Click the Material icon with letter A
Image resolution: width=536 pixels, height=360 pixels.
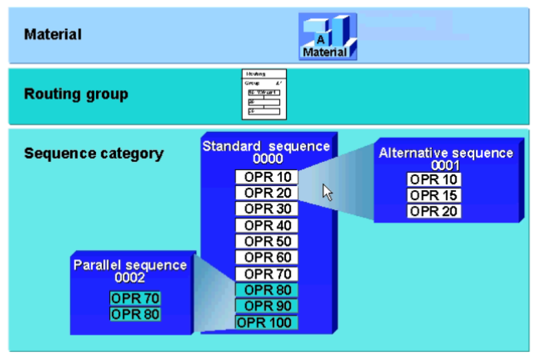[x=327, y=37]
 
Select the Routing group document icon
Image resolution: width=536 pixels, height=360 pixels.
[x=264, y=95]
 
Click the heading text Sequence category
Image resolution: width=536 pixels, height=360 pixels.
[x=93, y=153]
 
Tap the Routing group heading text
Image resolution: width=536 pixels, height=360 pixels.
[x=75, y=94]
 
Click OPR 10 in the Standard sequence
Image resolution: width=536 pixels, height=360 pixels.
[x=267, y=177]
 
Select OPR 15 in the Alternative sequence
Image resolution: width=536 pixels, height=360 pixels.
[x=434, y=195]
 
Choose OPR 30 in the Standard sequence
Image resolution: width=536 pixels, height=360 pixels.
[x=267, y=209]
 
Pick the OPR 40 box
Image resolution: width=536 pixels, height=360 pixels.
[x=267, y=225]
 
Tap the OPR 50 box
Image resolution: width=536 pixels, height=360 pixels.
[x=267, y=241]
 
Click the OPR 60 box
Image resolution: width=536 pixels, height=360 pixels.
[x=267, y=257]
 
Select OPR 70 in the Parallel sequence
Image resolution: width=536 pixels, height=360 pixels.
[x=135, y=298]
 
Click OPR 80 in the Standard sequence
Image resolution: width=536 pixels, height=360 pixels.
[x=267, y=290]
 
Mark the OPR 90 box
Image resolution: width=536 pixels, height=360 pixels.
[x=267, y=306]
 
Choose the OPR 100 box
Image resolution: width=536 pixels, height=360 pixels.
[x=267, y=323]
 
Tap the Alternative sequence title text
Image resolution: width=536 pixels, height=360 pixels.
[x=446, y=153]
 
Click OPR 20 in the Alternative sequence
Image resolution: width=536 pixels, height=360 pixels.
[x=434, y=211]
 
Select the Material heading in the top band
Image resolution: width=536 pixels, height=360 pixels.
[x=53, y=34]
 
